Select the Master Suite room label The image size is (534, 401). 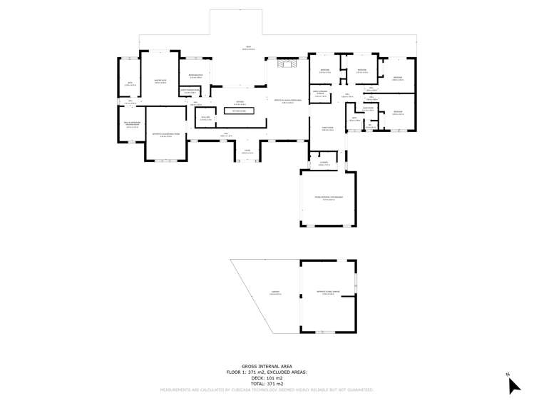click(x=161, y=81)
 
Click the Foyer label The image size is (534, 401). click(x=247, y=151)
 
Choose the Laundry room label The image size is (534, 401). click(x=324, y=163)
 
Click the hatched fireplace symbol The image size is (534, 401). click(x=289, y=65)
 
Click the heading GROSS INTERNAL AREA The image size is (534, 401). click(x=267, y=367)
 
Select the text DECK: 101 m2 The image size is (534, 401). click(x=267, y=378)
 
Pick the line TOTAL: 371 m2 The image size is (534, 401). click(x=267, y=384)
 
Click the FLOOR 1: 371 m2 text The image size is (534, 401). click(x=267, y=372)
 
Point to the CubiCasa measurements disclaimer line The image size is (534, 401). click(x=267, y=390)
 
